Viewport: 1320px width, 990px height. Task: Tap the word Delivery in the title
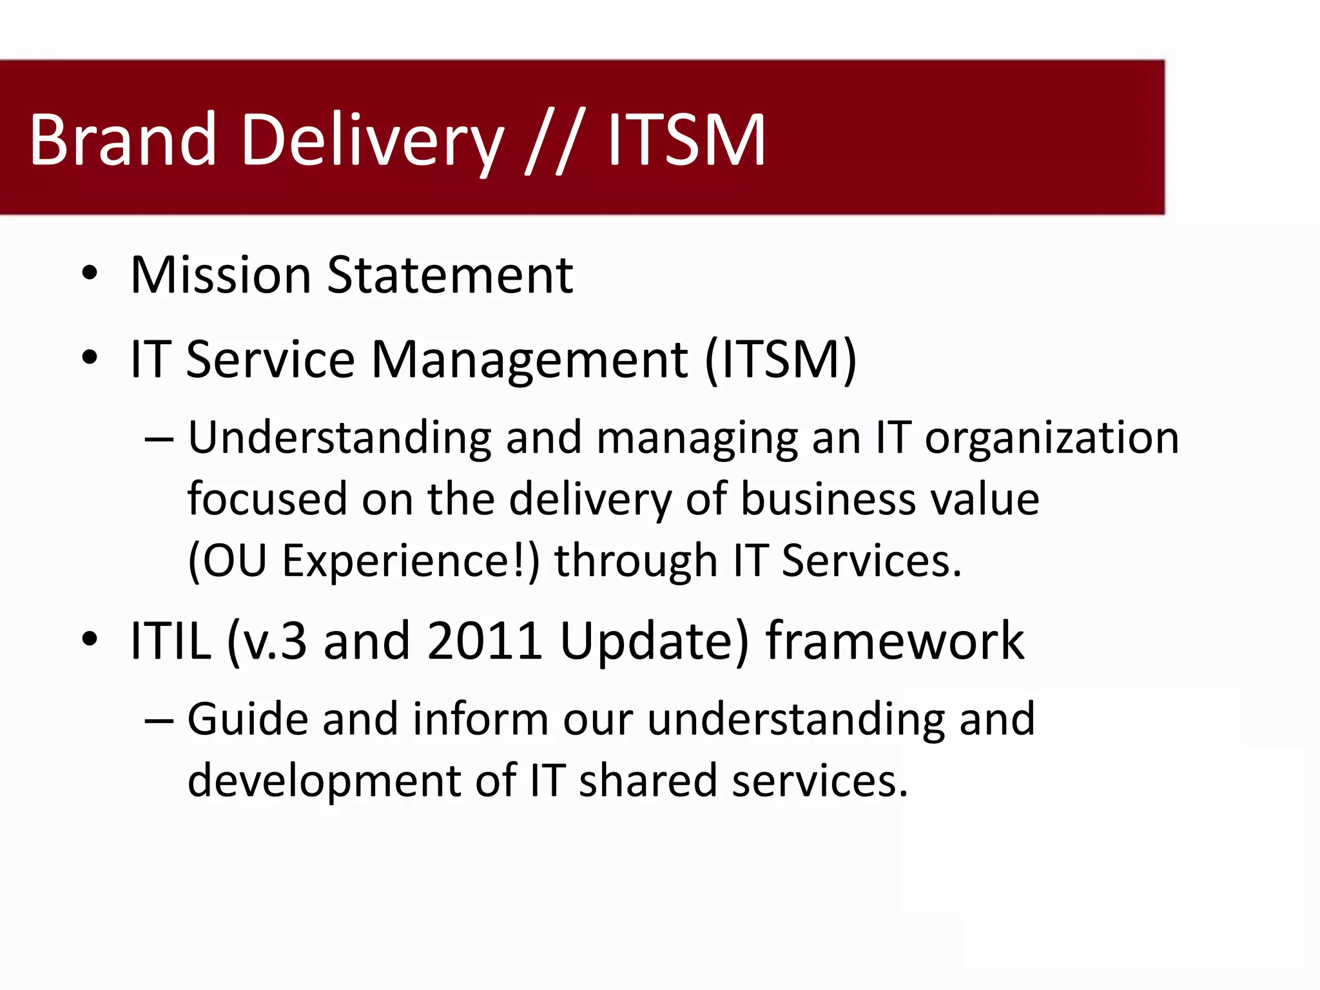click(372, 141)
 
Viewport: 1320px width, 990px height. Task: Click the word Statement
click(450, 275)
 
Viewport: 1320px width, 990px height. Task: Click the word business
click(829, 500)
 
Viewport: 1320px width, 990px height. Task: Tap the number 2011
click(485, 641)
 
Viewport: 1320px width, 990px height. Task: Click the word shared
click(648, 781)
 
